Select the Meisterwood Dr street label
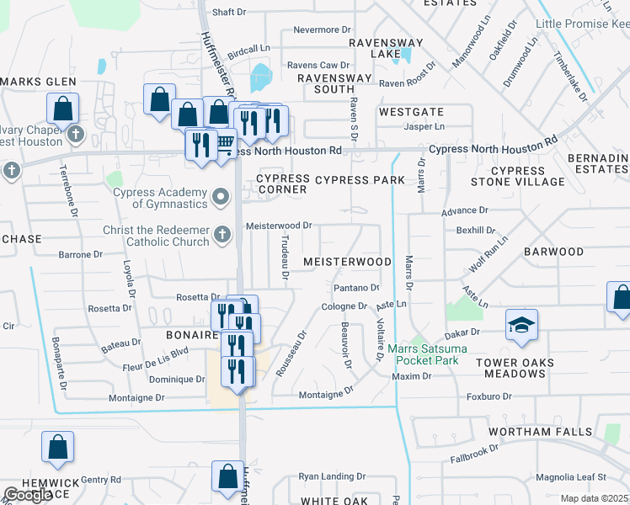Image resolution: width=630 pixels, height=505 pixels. [279, 226]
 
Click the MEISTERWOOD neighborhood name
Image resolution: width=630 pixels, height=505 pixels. [347, 262]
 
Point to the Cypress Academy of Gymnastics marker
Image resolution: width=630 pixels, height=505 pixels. [222, 198]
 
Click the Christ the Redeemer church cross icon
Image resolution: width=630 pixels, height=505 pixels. [222, 235]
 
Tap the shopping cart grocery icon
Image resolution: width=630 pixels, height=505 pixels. [225, 142]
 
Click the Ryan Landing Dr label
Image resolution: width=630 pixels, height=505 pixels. [332, 476]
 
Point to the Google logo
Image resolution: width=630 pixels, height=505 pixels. [28, 495]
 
